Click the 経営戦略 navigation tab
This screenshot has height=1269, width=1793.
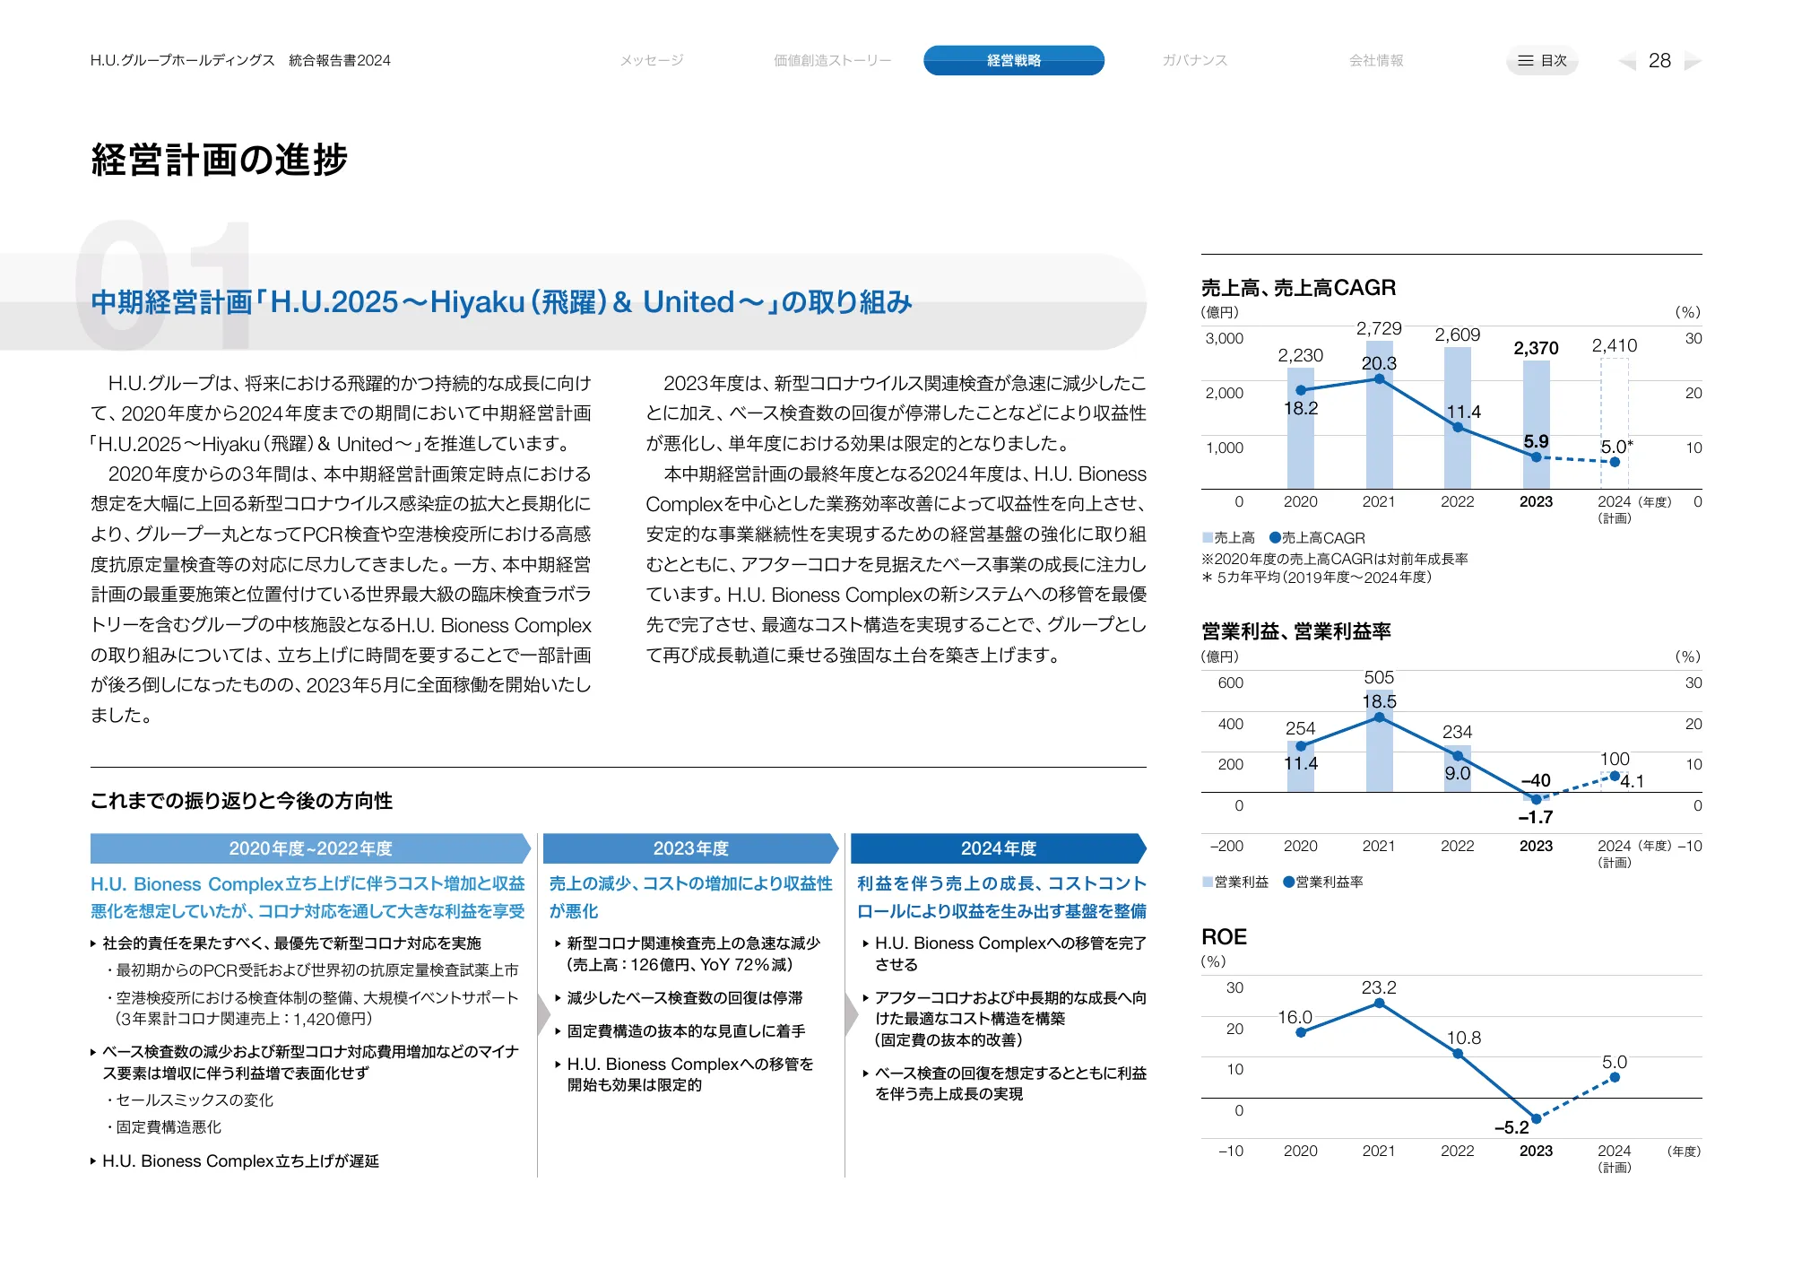(x=1013, y=60)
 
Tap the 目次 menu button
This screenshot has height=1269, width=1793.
(x=1542, y=60)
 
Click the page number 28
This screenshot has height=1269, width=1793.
(x=1659, y=60)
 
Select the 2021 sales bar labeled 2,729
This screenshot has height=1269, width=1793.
(x=1379, y=422)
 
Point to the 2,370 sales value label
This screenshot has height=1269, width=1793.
(x=1536, y=348)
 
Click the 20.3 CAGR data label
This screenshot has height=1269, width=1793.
(x=1379, y=363)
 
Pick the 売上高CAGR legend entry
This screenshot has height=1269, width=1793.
(x=1318, y=538)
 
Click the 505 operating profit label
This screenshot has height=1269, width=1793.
(x=1379, y=677)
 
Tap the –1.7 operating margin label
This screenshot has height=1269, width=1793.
(x=1535, y=817)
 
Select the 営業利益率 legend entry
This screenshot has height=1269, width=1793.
(x=1324, y=882)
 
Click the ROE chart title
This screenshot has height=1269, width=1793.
(x=1224, y=937)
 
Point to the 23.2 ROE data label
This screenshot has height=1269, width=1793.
(x=1379, y=987)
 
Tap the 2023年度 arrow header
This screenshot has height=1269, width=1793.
(x=690, y=848)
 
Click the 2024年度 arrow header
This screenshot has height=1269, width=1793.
(x=998, y=848)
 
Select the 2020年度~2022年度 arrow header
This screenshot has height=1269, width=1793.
(x=310, y=848)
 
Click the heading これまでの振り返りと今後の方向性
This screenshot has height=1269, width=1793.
(x=241, y=801)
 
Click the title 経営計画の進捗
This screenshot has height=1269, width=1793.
(x=219, y=160)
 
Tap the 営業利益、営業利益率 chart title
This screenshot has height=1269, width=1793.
(x=1295, y=631)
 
